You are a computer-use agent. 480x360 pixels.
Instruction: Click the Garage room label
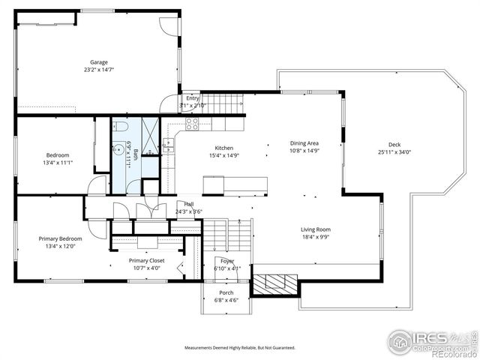tap(99, 62)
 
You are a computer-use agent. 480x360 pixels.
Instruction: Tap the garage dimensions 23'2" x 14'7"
tap(99, 70)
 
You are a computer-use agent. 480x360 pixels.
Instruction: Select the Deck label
tap(394, 145)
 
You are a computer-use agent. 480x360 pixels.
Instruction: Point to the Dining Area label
tap(304, 142)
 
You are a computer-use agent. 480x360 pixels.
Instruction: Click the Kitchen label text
tap(224, 148)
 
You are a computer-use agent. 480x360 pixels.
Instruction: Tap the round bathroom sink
tap(119, 148)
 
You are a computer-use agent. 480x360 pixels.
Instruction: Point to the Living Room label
tap(316, 229)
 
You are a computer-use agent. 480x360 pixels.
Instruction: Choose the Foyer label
tap(226, 261)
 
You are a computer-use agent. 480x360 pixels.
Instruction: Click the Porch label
tap(226, 292)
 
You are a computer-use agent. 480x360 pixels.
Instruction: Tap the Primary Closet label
tap(146, 260)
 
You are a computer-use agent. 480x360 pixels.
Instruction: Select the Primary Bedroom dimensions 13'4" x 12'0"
tap(57, 245)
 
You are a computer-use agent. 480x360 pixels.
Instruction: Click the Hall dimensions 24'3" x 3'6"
tap(189, 211)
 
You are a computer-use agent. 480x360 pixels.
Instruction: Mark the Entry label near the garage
tap(193, 98)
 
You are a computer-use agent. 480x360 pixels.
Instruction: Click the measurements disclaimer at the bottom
tap(240, 347)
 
